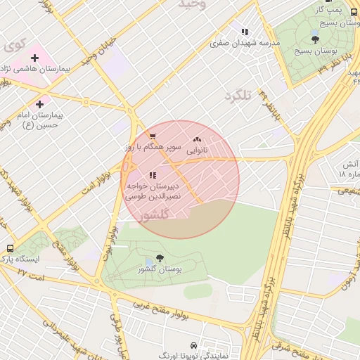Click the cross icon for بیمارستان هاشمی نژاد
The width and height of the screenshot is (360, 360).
point(34,58)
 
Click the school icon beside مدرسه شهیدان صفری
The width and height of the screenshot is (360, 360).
point(245,32)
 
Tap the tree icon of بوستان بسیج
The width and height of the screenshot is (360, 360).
point(315,39)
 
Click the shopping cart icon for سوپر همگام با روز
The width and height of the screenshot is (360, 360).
point(153,136)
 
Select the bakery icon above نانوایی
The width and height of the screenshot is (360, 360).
point(196,140)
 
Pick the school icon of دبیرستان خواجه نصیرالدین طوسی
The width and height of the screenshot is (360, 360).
point(153,175)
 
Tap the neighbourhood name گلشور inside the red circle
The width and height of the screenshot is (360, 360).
point(155,216)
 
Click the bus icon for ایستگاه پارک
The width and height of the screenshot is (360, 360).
point(10,248)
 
